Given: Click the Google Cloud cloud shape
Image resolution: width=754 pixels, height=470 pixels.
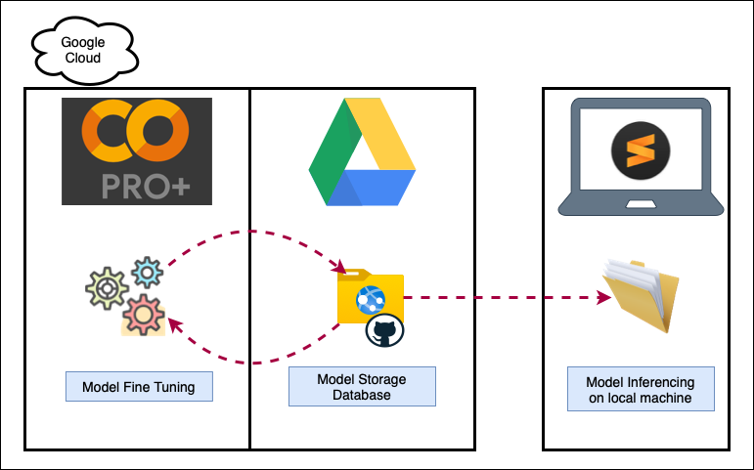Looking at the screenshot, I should (82, 50).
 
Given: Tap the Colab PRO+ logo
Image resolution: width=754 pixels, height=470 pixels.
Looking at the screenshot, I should (136, 150).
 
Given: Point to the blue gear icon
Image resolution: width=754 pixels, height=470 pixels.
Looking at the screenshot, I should (146, 271).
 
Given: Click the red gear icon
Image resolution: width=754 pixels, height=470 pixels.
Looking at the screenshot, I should (144, 315).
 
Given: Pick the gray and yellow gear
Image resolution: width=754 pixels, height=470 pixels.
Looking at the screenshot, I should (105, 290).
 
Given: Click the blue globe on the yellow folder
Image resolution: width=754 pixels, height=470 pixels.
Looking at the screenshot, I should (371, 300).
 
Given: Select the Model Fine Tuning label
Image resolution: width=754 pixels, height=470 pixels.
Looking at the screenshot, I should (138, 387).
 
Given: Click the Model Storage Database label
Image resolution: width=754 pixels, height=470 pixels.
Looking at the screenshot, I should (362, 387).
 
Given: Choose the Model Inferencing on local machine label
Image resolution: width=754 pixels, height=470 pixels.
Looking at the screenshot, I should (641, 390).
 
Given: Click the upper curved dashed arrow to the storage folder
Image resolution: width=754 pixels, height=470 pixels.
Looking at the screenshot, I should (254, 234).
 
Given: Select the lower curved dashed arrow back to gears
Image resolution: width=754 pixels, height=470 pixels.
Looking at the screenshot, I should (254, 362).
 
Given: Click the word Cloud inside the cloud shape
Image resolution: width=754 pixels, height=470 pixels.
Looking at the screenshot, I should (82, 58).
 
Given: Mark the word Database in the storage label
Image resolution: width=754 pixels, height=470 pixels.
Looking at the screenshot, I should (362, 395).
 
